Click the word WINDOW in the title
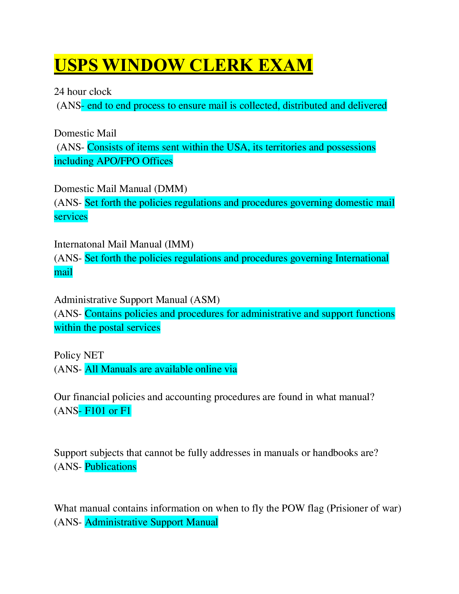pyautogui.click(x=144, y=65)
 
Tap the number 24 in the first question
pyautogui.click(x=59, y=91)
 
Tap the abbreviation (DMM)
pyautogui.click(x=171, y=189)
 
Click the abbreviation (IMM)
pyautogui.click(x=179, y=244)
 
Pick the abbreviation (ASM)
pyautogui.click(x=205, y=300)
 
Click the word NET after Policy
pyautogui.click(x=94, y=355)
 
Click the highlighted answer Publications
pyautogui.click(x=111, y=466)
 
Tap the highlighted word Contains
pyautogui.click(x=103, y=314)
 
